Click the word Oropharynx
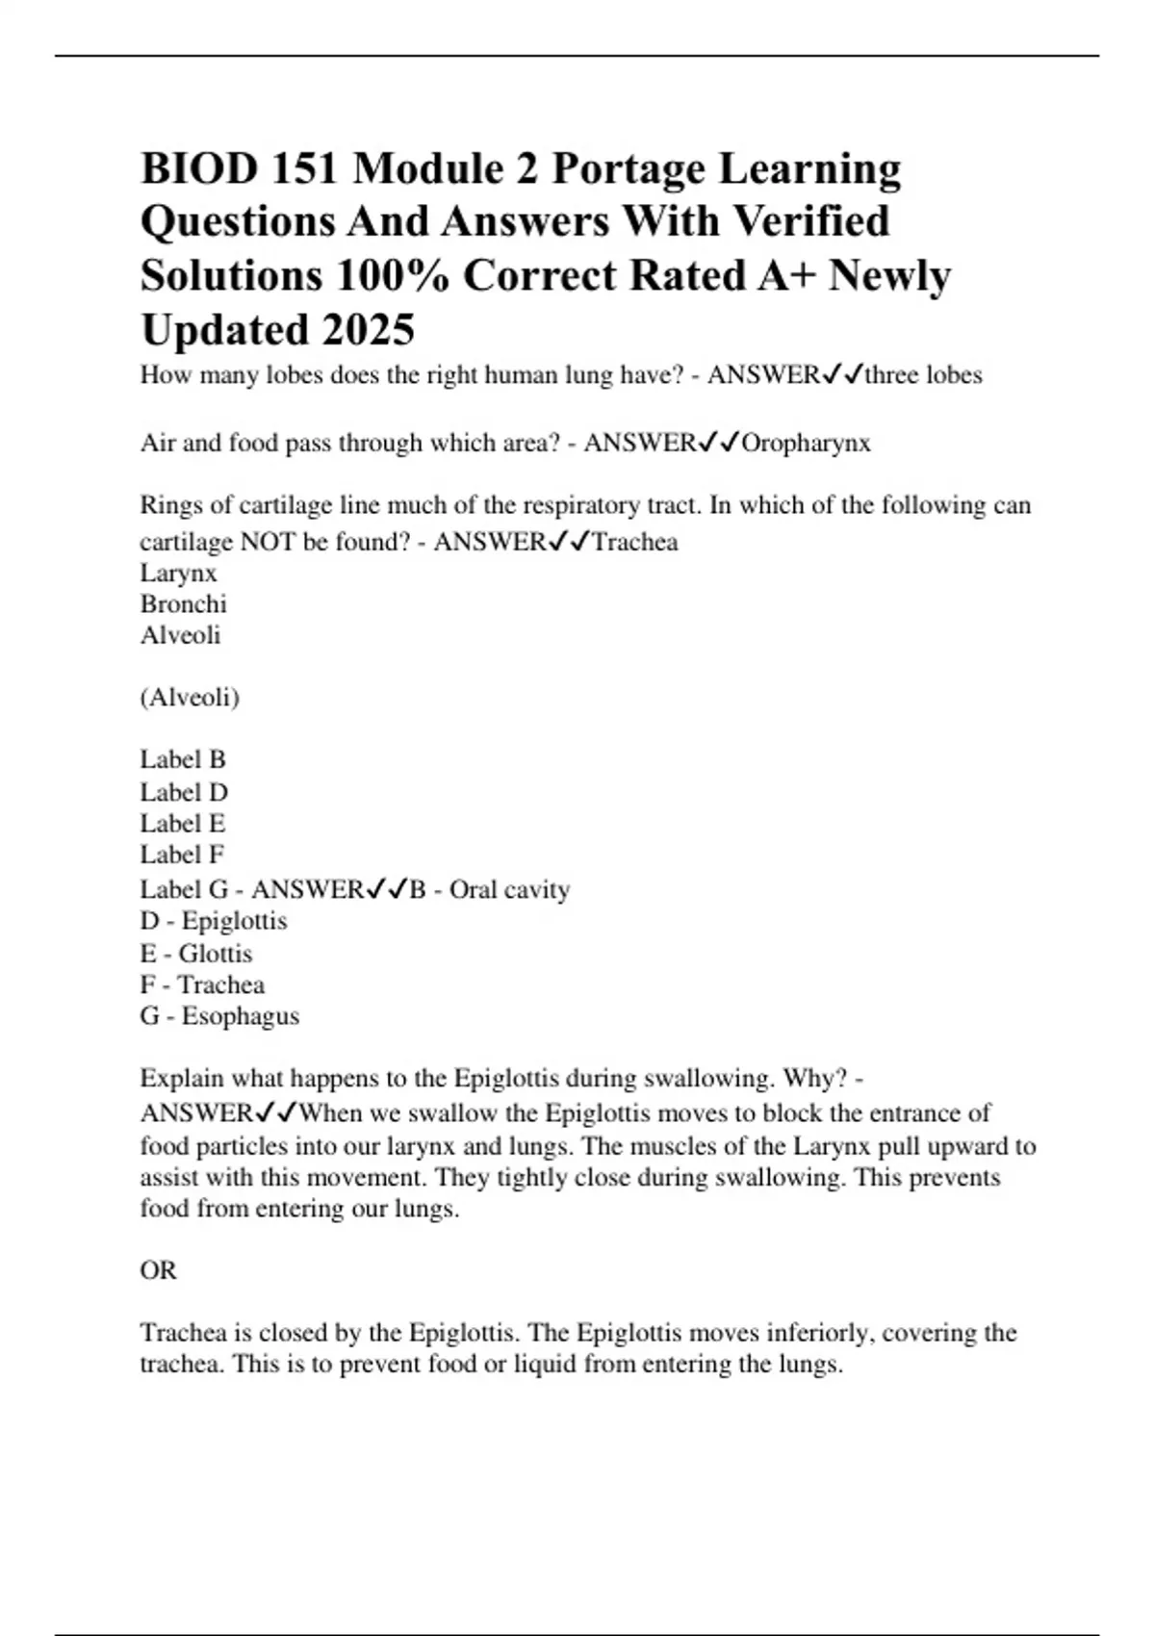pos(807,443)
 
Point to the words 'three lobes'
pos(923,374)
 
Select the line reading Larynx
pos(179,574)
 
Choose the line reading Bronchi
pos(184,604)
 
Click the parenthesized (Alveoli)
pos(190,698)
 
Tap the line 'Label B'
pos(183,760)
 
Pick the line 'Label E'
pos(183,824)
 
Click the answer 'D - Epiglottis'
pos(214,921)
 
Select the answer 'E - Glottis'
pos(196,954)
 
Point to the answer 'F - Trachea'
pos(202,985)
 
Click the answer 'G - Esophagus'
pos(219,1016)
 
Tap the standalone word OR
pos(159,1271)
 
